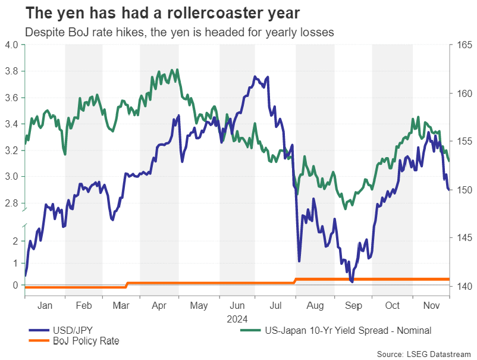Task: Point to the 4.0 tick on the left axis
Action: point(11,45)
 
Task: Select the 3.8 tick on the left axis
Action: point(11,71)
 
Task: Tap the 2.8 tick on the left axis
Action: point(11,203)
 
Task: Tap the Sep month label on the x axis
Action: point(353,305)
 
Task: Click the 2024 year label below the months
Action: point(237,318)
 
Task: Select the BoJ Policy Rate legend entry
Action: point(84,341)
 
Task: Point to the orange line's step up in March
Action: point(127,285)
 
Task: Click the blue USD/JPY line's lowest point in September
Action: point(352,281)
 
